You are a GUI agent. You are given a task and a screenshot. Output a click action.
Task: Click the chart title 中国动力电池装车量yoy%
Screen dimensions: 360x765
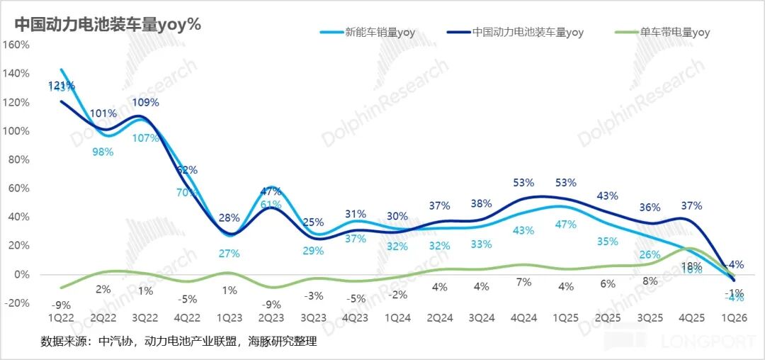(x=108, y=23)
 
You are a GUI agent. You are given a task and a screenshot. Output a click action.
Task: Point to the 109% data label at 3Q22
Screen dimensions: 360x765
(x=146, y=102)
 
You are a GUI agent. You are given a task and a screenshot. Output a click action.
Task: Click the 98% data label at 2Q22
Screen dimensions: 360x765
(x=102, y=152)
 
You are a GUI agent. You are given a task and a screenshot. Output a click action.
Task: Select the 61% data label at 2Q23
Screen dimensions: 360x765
(x=271, y=205)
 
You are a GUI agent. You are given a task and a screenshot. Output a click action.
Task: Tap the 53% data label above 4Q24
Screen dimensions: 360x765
(x=523, y=184)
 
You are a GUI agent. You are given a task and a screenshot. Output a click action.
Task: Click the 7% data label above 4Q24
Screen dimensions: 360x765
(x=523, y=282)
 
